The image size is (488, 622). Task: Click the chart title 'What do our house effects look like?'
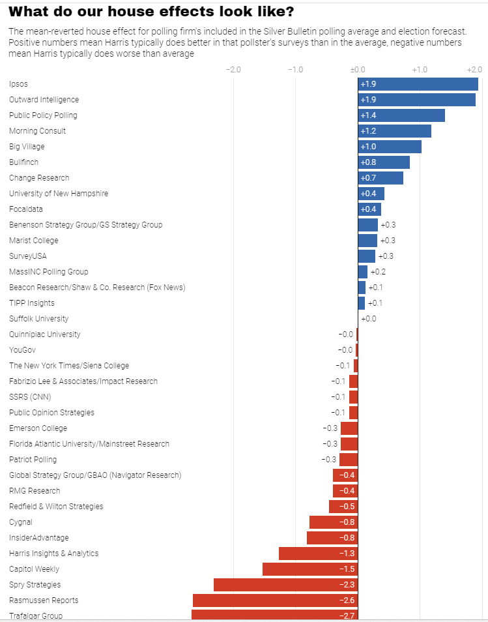coord(151,12)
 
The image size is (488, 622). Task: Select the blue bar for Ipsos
coord(418,84)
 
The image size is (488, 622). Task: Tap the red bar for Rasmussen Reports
coord(275,600)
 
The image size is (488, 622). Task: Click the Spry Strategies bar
coord(285,585)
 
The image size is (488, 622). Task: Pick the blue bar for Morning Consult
coord(394,131)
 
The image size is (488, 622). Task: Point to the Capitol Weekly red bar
coord(310,569)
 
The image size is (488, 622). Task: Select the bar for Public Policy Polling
coord(401,115)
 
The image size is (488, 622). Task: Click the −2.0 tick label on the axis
coord(233,69)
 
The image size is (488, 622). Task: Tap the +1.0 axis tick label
coord(419,69)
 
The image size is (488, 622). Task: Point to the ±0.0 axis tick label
coord(357,69)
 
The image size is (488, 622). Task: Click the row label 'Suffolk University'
coord(39,319)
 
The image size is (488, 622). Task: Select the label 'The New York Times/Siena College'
coord(69,366)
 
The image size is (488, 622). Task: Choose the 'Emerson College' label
coord(38,428)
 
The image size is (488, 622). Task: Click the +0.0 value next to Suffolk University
coord(369,319)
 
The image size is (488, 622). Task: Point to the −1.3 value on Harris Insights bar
coord(347,554)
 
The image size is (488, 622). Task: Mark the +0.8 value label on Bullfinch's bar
coord(368,162)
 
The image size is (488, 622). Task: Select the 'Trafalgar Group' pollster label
coord(36,615)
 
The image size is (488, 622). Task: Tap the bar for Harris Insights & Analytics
coord(318,554)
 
